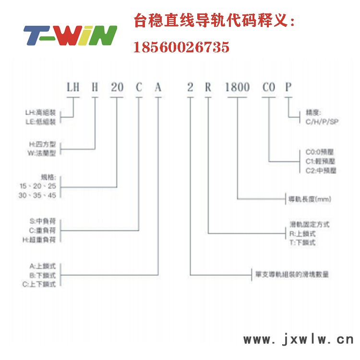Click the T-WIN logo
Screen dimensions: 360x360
pos(70,35)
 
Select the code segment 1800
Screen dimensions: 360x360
pos(238,87)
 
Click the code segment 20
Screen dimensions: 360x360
pos(117,87)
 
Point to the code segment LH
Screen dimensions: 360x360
pos(73,87)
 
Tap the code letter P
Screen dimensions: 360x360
pos(288,87)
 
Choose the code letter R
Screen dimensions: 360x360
pos(208,87)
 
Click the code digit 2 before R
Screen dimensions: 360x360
pos(190,87)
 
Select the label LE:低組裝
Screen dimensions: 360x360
pos(40,122)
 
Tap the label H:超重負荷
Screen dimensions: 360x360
pos(43,239)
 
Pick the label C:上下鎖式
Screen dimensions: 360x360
pos(42,284)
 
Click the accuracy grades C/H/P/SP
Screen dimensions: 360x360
pos(322,122)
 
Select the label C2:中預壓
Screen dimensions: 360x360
pos(321,170)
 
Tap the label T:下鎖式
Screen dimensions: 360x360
pos(303,242)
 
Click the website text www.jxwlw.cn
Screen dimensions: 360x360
pos(298,340)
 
